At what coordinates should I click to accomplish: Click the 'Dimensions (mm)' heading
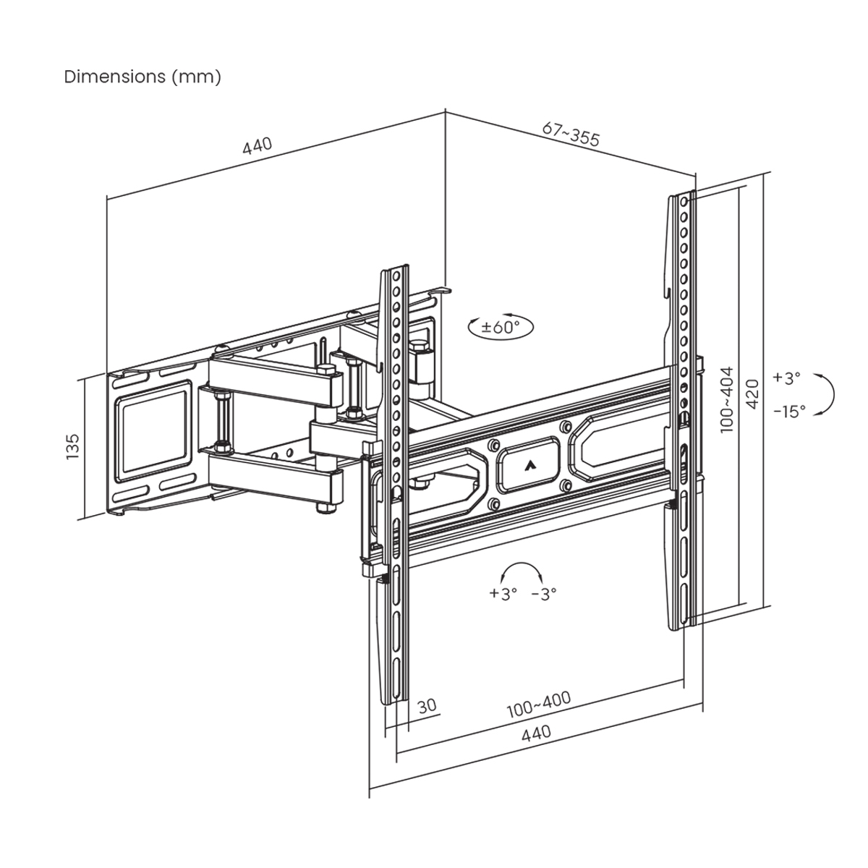142,77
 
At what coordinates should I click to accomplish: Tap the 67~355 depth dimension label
571,135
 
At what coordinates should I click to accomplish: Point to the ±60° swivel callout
501,327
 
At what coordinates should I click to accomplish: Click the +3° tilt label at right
786,378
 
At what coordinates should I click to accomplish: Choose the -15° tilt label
788,412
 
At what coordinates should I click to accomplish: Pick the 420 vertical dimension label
752,393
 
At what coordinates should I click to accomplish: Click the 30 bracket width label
427,705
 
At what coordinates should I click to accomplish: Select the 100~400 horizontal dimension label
538,705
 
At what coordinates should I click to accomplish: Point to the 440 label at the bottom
536,733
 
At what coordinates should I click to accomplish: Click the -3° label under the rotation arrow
544,594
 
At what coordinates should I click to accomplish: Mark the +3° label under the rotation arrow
503,594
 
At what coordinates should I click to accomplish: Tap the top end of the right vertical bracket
684,197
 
